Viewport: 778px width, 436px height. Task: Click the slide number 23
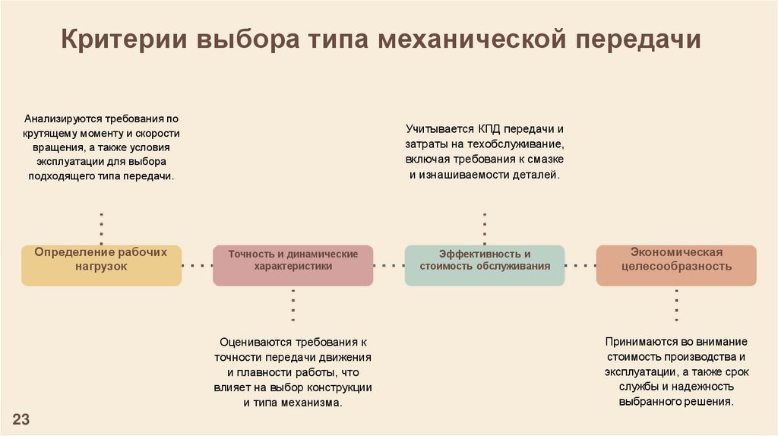pos(21,419)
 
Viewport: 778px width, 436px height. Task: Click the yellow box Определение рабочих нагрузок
pos(101,265)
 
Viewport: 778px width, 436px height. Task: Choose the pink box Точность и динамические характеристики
pos(293,265)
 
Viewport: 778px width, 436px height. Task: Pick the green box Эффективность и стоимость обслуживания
pos(484,265)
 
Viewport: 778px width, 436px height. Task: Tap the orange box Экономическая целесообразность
pos(676,265)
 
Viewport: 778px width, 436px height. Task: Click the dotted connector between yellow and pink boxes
pos(197,266)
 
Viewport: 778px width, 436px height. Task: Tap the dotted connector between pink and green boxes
pos(388,266)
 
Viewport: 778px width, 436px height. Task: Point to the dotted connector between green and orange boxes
pos(580,266)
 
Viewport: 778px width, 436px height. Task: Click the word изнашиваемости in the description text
pos(462,175)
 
